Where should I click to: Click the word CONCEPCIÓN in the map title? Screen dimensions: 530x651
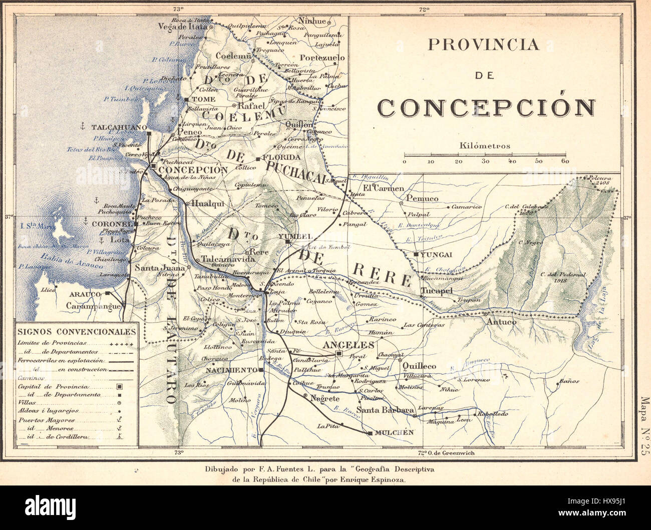(486, 107)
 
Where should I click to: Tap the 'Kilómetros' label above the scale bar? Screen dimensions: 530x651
(484, 146)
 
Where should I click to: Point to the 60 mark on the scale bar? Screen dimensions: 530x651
(565, 161)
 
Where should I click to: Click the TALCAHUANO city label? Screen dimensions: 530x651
(118, 127)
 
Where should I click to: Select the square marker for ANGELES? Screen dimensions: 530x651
(339, 353)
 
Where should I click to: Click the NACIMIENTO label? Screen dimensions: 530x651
(231, 370)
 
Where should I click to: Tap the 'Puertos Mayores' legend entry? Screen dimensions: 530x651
(46, 420)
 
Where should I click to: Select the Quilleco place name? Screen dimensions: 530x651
(419, 366)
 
